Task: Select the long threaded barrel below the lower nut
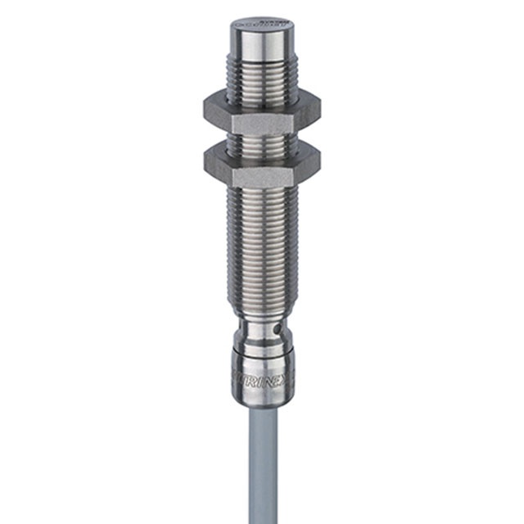(x=261, y=246)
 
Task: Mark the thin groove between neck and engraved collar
(x=260, y=347)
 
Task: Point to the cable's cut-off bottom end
(x=260, y=519)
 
